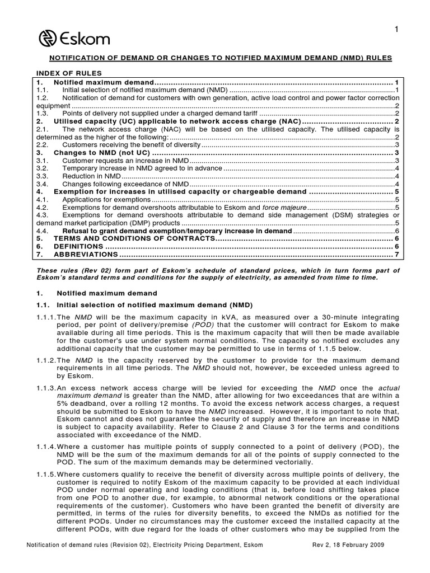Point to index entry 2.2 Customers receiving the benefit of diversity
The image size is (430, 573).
click(x=131, y=144)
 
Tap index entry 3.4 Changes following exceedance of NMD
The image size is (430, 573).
click(x=125, y=184)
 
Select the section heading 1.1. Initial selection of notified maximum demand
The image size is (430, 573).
click(x=155, y=305)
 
